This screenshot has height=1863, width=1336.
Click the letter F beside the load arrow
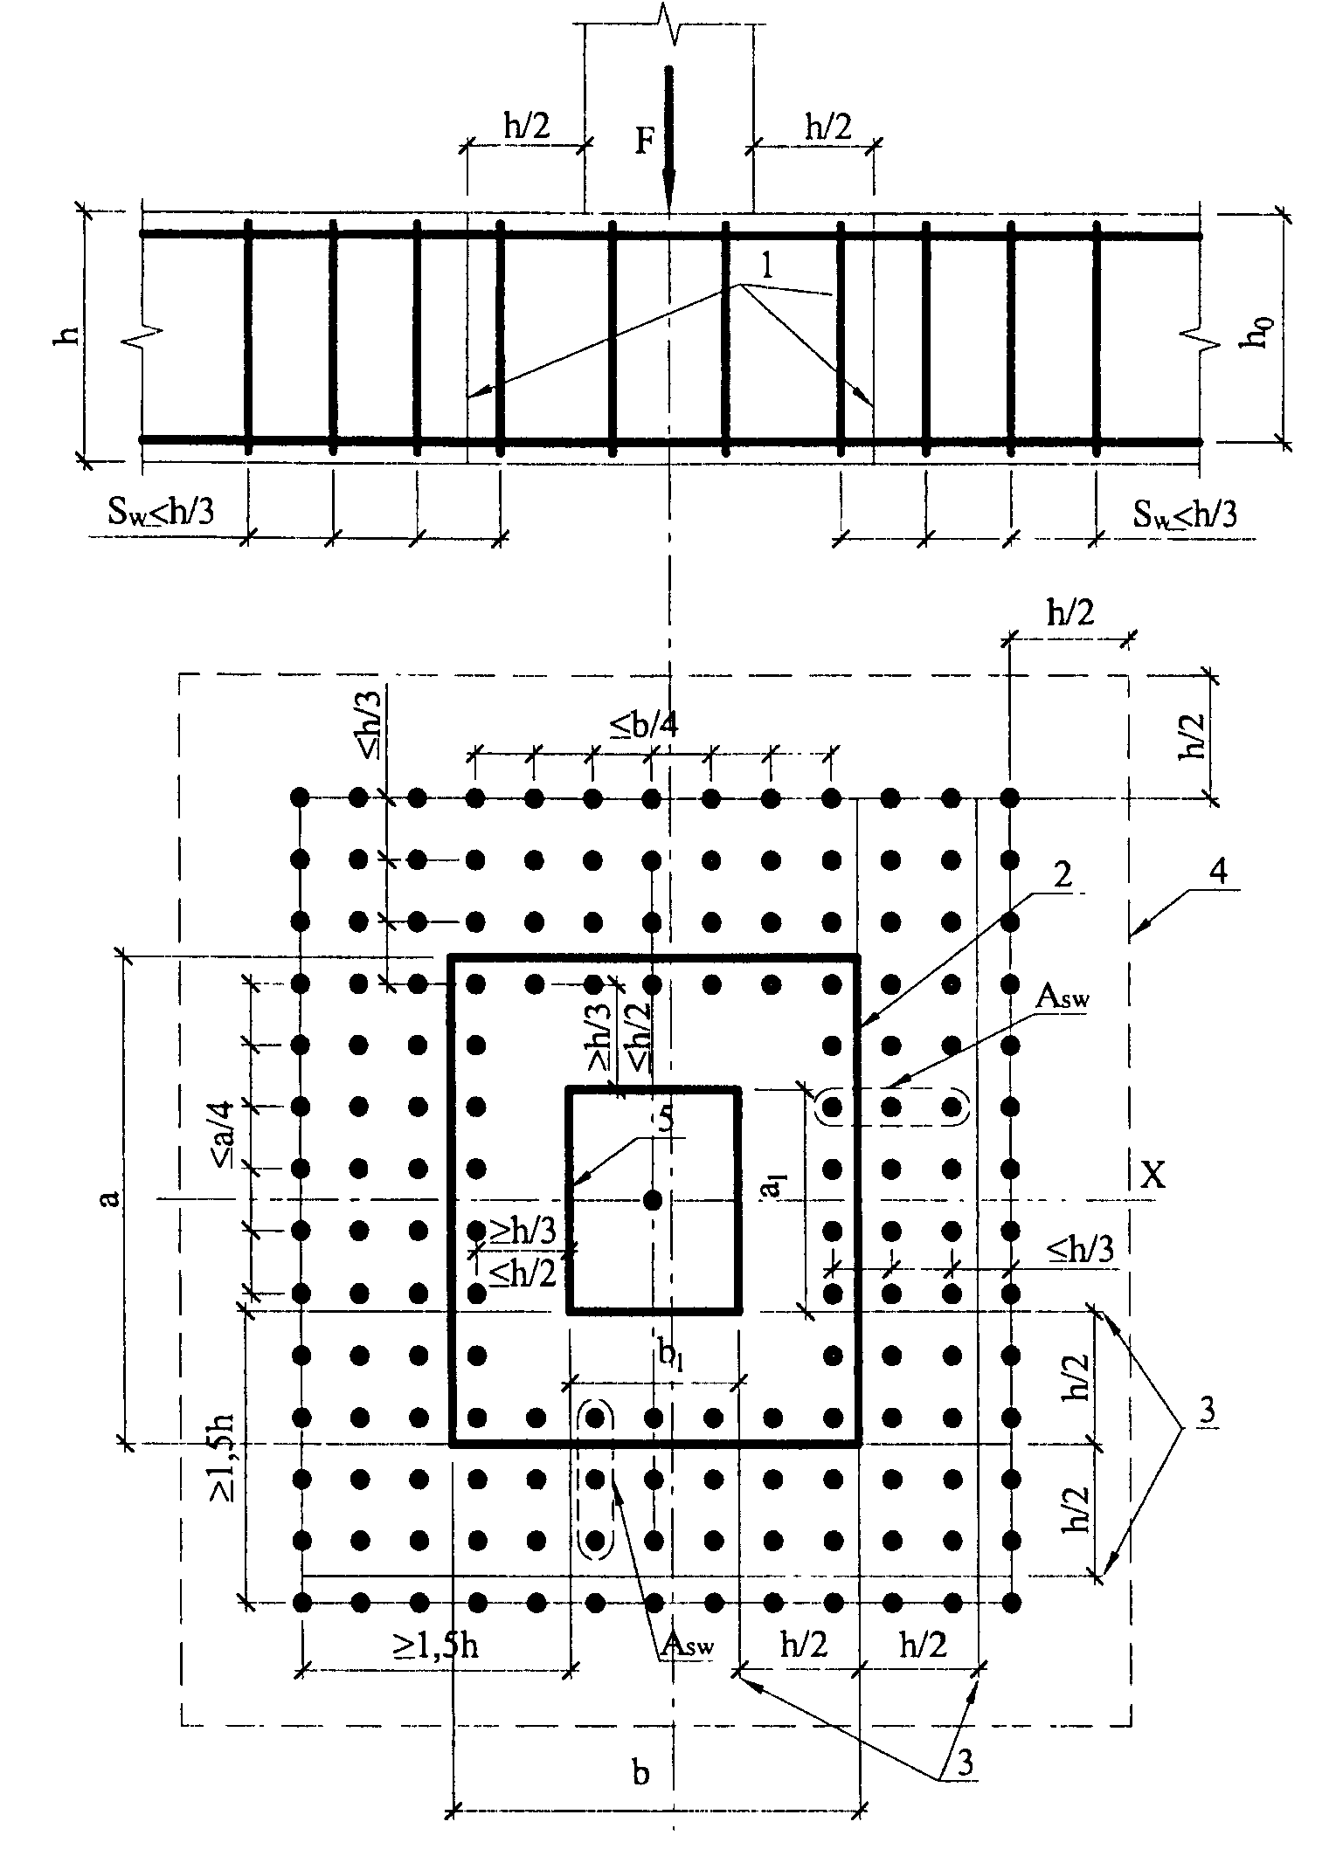coord(644,141)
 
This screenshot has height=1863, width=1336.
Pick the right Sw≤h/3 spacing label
coord(1186,514)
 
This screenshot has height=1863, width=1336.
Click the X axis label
coord(1153,1176)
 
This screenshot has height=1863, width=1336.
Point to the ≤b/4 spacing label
coord(643,725)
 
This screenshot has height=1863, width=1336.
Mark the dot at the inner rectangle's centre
coord(651,1199)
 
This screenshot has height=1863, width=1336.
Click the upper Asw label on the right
coord(1063,998)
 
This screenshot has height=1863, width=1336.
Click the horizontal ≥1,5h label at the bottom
coord(434,1646)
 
